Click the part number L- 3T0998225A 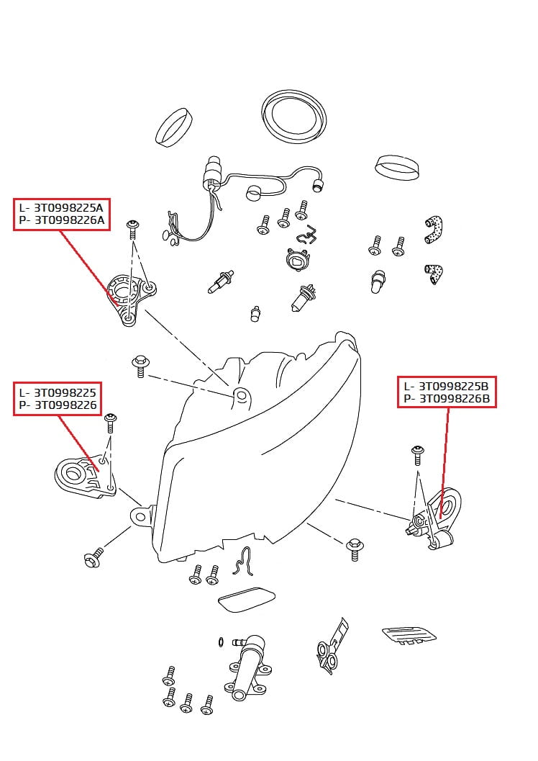[61, 207]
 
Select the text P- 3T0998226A [61, 220]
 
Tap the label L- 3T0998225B [446, 386]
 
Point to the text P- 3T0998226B [446, 398]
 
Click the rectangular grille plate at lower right [409, 634]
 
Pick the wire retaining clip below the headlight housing [245, 561]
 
